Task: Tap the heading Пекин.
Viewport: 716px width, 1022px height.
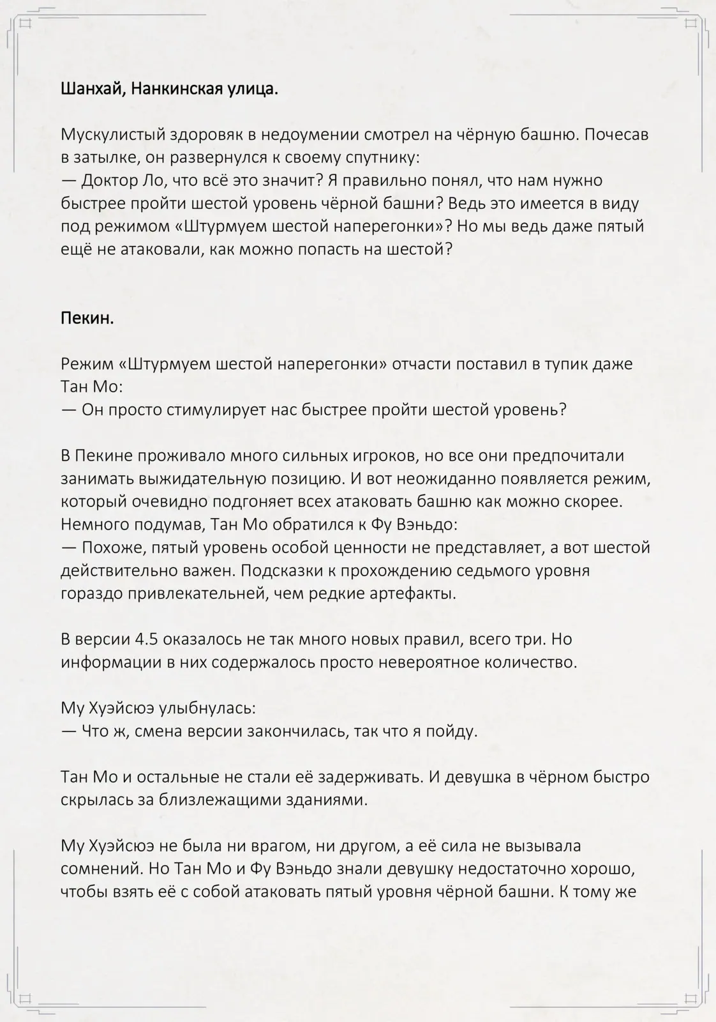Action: (x=87, y=318)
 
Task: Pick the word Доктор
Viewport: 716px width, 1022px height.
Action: (x=109, y=181)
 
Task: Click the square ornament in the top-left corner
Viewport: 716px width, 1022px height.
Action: (x=26, y=24)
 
